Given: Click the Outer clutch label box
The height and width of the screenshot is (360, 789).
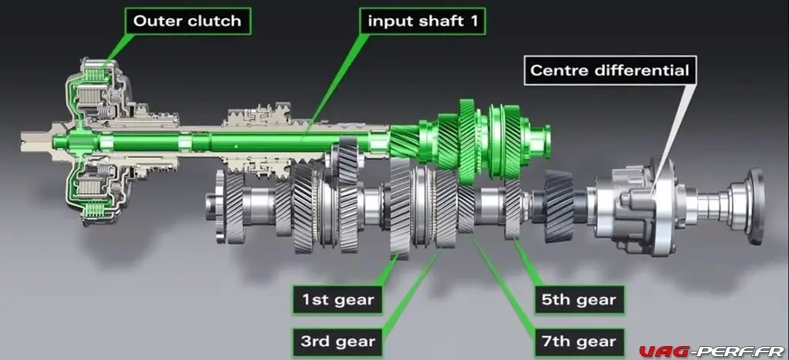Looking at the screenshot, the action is pos(187,21).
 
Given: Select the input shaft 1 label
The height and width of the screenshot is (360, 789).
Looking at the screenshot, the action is pos(422,21).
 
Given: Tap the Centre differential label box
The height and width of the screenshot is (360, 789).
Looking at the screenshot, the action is pos(610,70).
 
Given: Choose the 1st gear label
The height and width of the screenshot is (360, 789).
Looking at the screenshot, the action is pos(337,300).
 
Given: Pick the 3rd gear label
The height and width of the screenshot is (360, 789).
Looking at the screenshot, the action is pos(337,341).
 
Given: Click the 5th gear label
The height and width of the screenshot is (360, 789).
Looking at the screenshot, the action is pos(579,300).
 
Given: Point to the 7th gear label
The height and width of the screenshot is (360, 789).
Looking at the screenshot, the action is pos(579,341).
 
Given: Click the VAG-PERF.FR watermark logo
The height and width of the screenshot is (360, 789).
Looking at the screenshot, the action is pos(711,351).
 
